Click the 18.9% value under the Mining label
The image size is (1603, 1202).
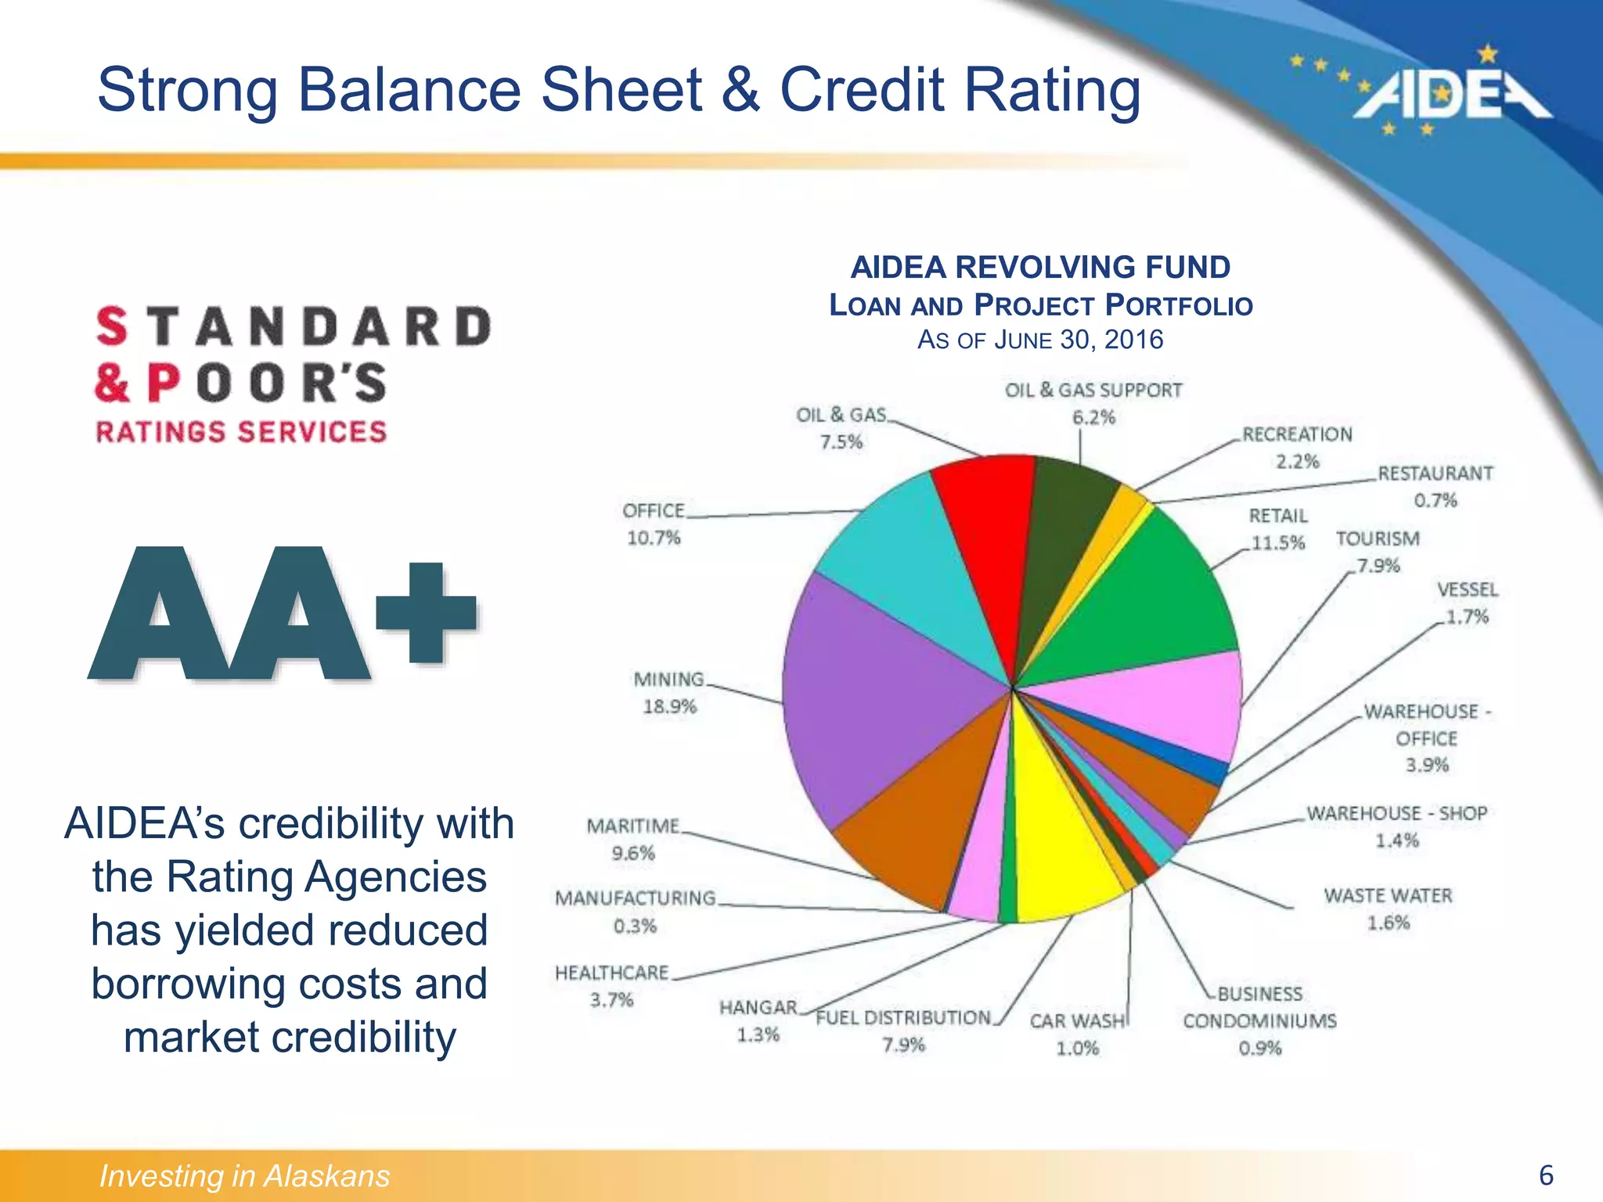click(669, 707)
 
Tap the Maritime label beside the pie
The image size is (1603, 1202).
click(633, 826)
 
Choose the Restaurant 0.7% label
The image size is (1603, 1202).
click(1435, 486)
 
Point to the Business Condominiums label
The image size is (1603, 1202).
click(1259, 1008)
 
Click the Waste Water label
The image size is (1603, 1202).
click(1388, 896)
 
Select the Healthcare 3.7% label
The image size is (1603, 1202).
click(611, 986)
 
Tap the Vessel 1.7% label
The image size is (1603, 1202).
click(1467, 603)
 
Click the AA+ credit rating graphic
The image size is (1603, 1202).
click(282, 614)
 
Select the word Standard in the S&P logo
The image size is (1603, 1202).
click(294, 326)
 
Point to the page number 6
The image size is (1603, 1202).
click(1546, 1175)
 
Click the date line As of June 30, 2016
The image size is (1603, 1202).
click(1040, 340)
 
